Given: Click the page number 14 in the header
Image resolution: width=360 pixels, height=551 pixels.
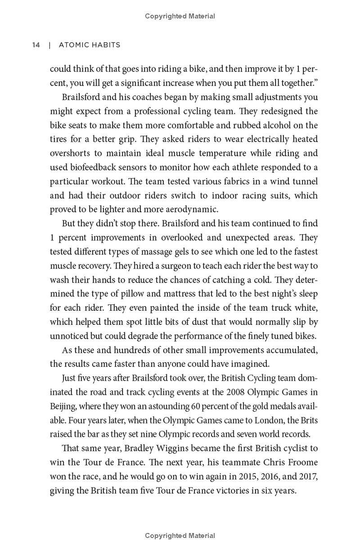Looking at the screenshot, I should click(36, 45).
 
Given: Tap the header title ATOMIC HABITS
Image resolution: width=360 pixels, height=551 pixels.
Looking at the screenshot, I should click(88, 45).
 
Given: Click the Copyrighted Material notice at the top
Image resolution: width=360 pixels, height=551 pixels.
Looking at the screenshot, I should click(180, 16).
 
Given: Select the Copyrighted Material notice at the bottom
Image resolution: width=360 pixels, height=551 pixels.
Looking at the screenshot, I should click(180, 536).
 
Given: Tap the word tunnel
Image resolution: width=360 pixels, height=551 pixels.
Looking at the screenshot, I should click(303, 181).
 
